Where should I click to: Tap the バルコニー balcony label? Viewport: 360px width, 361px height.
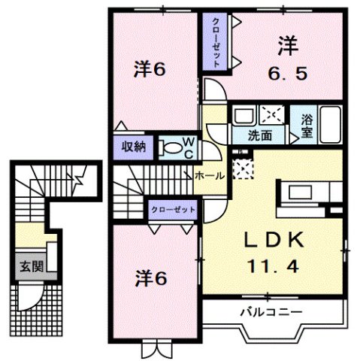[x=271, y=311]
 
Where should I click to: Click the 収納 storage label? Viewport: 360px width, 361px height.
[x=135, y=146]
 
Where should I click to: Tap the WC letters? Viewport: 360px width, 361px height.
[x=187, y=147]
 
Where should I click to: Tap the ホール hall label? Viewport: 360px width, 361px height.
[x=208, y=174]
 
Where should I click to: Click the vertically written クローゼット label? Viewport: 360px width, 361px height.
[x=215, y=41]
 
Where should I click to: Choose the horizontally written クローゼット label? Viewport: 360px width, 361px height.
[x=173, y=209]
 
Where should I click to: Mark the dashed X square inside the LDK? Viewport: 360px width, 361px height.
[x=244, y=169]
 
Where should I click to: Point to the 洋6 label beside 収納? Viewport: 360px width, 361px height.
[x=150, y=69]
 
